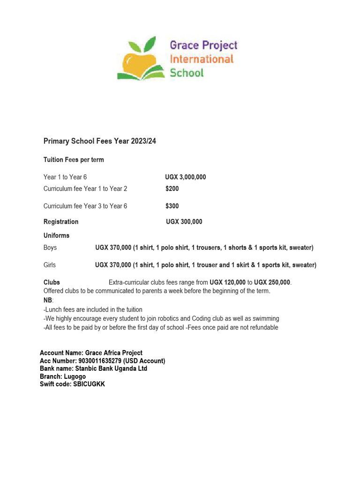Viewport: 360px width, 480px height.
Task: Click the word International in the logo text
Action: click(201, 59)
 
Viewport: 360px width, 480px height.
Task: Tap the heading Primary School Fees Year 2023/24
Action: click(99, 141)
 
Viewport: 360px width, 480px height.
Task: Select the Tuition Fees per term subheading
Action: click(74, 160)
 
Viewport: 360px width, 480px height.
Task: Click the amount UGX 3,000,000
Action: click(185, 177)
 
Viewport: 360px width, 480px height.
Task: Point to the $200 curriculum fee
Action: click(172, 189)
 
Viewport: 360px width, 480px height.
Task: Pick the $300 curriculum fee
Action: click(172, 206)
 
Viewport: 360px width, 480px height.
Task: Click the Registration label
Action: click(61, 222)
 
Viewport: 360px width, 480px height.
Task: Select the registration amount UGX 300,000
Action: click(184, 222)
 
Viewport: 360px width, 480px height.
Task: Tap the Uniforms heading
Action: click(56, 235)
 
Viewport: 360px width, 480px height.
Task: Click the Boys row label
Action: click(50, 247)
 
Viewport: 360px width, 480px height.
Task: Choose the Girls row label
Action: click(50, 265)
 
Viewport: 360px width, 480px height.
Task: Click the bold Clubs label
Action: click(52, 282)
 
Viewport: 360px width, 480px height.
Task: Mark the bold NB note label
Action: click(48, 300)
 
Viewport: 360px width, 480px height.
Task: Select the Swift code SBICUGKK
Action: click(89, 384)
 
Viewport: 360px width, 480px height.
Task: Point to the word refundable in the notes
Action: click(262, 327)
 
